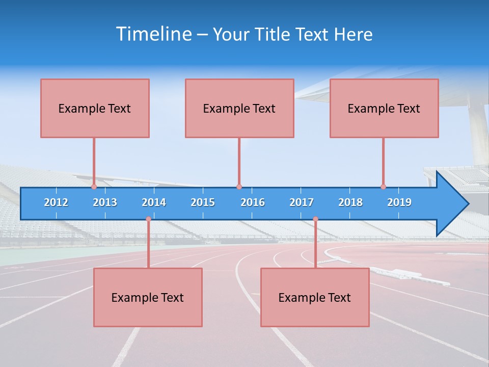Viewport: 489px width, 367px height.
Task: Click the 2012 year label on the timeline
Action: [56, 202]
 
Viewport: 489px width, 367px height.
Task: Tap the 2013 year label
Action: [105, 202]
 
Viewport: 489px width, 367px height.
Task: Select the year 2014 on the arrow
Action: [154, 202]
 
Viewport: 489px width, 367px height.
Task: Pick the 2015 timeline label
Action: [203, 202]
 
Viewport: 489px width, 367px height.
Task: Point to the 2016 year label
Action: [253, 202]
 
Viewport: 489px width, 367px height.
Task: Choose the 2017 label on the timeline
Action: [302, 202]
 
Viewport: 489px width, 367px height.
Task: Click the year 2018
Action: [350, 202]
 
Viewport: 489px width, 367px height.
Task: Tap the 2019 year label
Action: [399, 202]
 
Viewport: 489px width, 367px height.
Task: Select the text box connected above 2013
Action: [95, 108]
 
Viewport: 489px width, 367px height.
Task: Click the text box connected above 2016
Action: [239, 108]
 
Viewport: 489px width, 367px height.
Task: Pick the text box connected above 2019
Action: [384, 108]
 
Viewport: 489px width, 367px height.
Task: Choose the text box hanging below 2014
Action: [148, 297]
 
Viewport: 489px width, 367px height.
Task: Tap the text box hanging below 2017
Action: [315, 297]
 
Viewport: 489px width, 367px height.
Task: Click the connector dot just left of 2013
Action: [94, 187]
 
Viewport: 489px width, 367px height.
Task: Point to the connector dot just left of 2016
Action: [239, 187]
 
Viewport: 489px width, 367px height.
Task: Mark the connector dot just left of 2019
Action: [383, 187]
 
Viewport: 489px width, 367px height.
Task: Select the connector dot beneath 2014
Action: [148, 219]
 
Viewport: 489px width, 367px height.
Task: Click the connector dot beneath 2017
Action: [315, 219]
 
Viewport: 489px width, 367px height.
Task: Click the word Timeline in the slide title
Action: [153, 34]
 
